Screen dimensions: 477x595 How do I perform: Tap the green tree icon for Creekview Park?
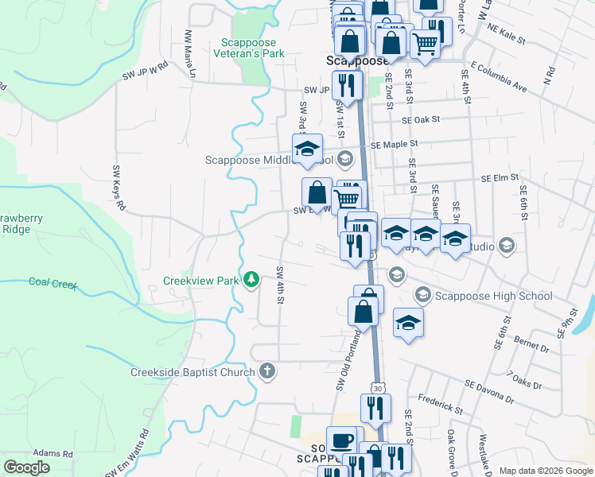coord(251,279)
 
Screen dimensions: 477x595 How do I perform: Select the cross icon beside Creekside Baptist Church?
coord(267,371)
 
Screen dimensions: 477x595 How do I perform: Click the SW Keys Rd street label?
coord(119,188)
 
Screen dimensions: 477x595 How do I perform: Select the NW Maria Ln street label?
coord(190,48)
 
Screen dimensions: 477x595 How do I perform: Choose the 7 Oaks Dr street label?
coord(523,380)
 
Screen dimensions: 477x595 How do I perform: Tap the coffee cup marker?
coord(343,439)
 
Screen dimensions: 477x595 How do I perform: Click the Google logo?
coord(27,467)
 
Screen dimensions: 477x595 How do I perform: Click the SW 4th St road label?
coord(280,284)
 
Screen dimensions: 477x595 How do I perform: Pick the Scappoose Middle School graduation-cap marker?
coord(307,149)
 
